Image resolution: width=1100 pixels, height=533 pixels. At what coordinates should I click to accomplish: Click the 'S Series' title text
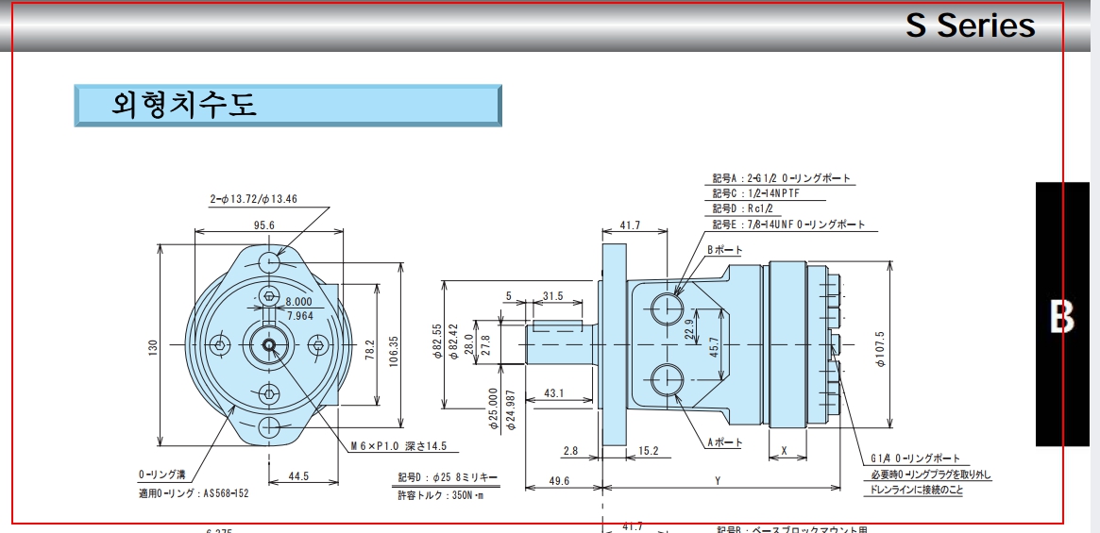[970, 25]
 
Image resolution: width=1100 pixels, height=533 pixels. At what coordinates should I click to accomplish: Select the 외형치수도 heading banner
[288, 105]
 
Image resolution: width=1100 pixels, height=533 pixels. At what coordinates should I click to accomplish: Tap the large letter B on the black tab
[1062, 318]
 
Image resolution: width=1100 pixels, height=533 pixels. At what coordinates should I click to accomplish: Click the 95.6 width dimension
[264, 225]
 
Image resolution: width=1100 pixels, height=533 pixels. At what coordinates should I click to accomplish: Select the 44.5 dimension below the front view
[299, 476]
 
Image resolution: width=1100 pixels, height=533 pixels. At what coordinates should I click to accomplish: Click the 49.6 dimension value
[561, 481]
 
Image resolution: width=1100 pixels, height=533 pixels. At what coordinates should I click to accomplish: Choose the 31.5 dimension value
[552, 296]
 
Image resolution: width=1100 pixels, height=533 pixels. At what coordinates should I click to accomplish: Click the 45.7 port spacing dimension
[714, 346]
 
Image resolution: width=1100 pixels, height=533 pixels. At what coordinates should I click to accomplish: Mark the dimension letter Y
[718, 481]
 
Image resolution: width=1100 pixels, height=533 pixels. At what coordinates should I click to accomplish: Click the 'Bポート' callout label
[724, 250]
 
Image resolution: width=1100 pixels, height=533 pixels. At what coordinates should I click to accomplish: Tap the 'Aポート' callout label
[724, 442]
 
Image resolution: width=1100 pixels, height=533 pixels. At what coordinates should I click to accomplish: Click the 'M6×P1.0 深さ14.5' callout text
[398, 446]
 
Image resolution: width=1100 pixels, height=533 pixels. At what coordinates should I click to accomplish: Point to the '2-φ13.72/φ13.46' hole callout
[253, 199]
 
